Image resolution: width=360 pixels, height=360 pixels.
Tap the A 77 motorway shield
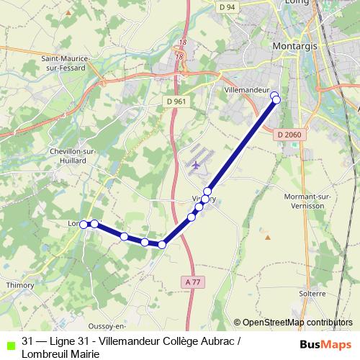[192, 283]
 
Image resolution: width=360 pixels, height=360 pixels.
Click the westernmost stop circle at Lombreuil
[84, 225]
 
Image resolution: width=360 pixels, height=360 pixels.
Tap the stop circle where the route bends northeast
[162, 245]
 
